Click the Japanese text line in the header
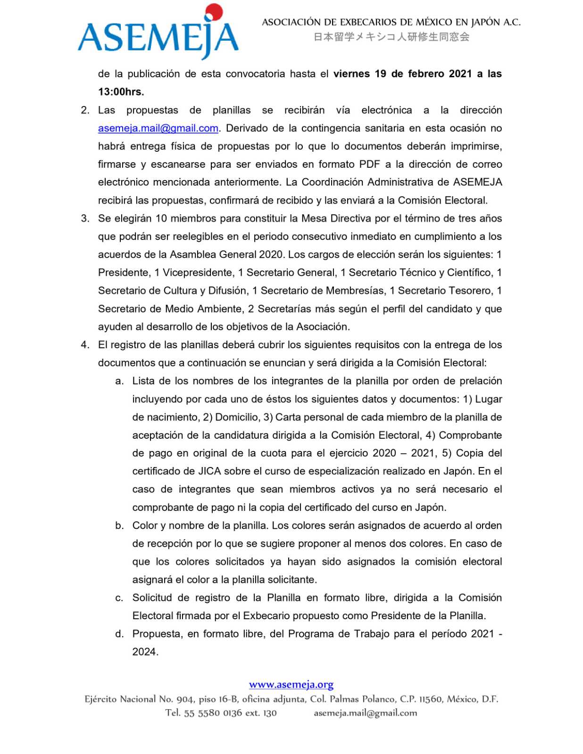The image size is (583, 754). click(x=391, y=37)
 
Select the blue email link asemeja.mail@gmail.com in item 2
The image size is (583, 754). click(x=158, y=128)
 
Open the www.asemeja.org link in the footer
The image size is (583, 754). click(x=291, y=684)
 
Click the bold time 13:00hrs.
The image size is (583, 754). click(x=121, y=92)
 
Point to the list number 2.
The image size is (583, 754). click(x=85, y=110)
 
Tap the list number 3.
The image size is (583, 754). click(x=85, y=219)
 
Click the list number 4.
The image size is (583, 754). click(x=85, y=345)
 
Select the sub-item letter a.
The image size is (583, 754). click(x=119, y=381)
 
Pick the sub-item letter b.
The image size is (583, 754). click(x=119, y=525)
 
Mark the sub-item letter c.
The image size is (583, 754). click(x=119, y=598)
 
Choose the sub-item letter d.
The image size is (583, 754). click(x=119, y=634)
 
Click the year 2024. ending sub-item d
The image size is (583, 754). click(x=145, y=652)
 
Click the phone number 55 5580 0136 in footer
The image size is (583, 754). click(x=213, y=713)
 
